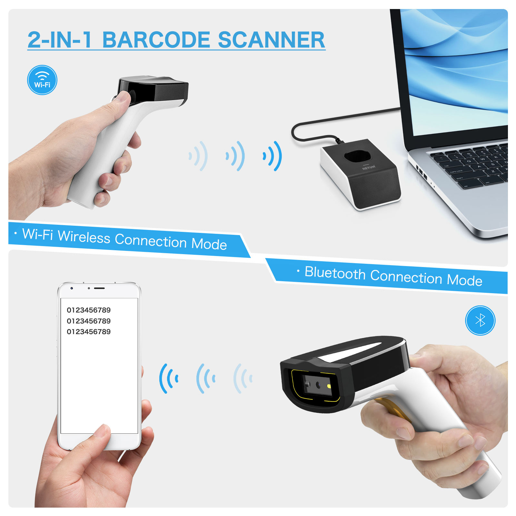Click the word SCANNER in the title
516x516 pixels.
point(271,40)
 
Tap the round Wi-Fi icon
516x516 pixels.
point(42,80)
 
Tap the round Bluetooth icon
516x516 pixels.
point(480,320)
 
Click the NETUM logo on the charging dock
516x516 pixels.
point(369,167)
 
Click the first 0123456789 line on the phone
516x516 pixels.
point(89,310)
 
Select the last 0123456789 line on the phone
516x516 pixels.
point(89,332)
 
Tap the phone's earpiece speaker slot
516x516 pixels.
point(99,288)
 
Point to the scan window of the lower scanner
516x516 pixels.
point(318,385)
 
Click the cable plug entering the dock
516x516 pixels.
point(339,140)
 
